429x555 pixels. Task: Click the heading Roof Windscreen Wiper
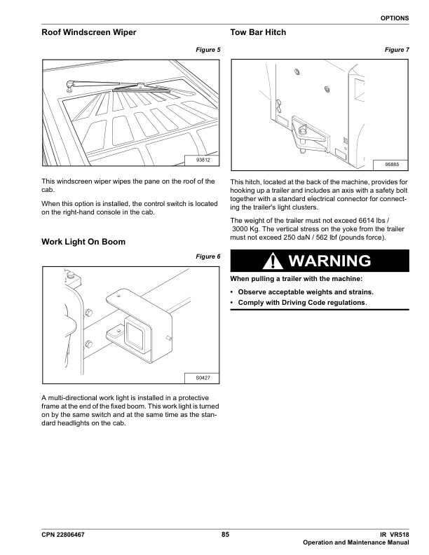[x=89, y=33]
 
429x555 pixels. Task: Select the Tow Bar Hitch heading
[x=259, y=33]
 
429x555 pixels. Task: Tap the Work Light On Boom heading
[x=84, y=242]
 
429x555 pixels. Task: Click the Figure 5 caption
[x=208, y=50]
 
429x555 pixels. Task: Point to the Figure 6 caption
[x=208, y=256]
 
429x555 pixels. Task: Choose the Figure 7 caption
[x=397, y=50]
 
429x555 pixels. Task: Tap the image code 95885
[x=392, y=164]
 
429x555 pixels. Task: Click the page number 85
[x=225, y=535]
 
